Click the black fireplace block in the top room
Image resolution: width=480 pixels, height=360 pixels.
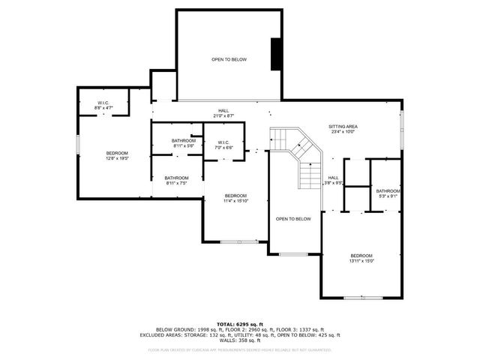click(277, 53)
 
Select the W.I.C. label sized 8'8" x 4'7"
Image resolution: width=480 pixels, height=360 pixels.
click(104, 106)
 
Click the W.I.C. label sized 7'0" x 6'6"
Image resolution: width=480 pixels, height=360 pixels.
click(224, 145)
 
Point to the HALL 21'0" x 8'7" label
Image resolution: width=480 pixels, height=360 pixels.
click(224, 112)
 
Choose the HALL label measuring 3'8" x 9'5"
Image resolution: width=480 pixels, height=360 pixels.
click(333, 180)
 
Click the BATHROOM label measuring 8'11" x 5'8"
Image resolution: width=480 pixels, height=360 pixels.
click(183, 143)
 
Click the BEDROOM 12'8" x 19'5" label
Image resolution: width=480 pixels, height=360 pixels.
click(116, 155)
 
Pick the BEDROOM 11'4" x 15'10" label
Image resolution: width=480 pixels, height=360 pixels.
click(235, 198)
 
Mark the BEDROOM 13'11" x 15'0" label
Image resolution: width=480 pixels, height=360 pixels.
click(361, 259)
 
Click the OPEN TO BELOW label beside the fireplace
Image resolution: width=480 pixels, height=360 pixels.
click(229, 60)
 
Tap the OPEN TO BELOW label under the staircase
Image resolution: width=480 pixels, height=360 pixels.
click(292, 219)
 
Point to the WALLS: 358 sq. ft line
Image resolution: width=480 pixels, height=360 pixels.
click(239, 340)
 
